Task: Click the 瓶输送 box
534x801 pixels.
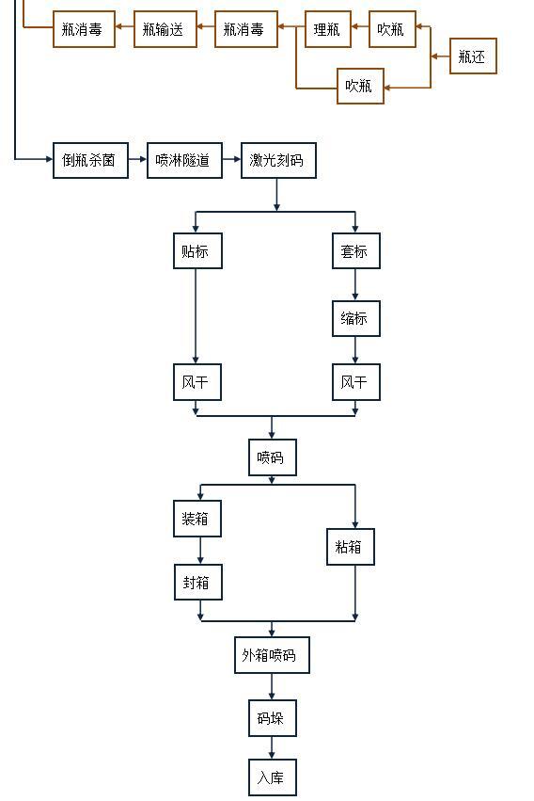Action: click(x=165, y=29)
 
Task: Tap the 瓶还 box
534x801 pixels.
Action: click(x=472, y=57)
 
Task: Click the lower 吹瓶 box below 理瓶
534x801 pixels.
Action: click(x=360, y=86)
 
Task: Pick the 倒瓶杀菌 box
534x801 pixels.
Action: click(x=90, y=160)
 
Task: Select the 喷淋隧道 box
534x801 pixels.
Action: click(x=183, y=160)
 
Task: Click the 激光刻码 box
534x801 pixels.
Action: click(x=277, y=160)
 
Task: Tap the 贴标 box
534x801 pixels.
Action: click(x=197, y=251)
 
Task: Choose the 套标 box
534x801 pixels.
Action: click(x=355, y=251)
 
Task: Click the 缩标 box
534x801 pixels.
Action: click(x=355, y=318)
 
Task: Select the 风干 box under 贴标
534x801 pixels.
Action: click(x=197, y=383)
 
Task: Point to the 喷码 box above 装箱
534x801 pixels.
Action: click(x=272, y=457)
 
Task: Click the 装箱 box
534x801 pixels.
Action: click(x=197, y=519)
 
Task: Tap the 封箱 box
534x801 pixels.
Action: click(x=197, y=583)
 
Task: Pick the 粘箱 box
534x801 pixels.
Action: click(x=351, y=547)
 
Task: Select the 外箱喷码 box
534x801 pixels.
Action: click(x=271, y=654)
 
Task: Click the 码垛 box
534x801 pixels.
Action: click(x=272, y=718)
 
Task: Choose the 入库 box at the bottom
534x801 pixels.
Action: click(x=272, y=777)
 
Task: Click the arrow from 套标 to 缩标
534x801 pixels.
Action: click(x=355, y=284)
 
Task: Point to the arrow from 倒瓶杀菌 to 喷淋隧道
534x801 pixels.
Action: click(x=137, y=160)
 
